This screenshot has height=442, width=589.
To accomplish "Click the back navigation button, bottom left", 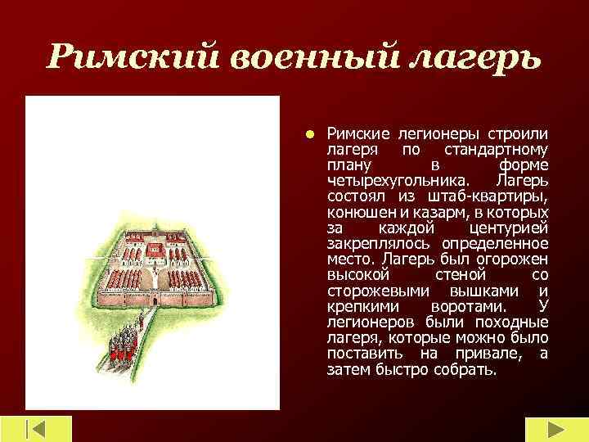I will [36, 430].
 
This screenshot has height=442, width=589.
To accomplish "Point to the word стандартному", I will [496, 149].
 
